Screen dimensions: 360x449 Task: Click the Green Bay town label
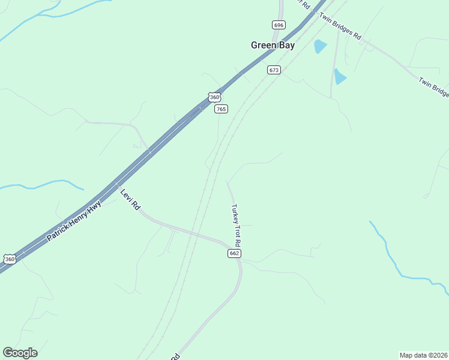(x=273, y=45)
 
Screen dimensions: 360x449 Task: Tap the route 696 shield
(x=279, y=25)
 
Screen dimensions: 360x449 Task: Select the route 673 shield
(x=274, y=70)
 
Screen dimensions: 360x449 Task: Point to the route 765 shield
(x=221, y=109)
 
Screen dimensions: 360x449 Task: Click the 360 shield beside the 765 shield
(x=214, y=97)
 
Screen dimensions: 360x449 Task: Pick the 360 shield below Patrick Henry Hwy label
(x=9, y=259)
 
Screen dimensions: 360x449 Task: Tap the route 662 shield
(x=234, y=254)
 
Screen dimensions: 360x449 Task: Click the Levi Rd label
(x=130, y=199)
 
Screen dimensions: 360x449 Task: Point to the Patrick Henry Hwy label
(x=74, y=221)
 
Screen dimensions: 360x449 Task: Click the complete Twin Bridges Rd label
(x=340, y=26)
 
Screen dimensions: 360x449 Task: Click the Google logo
(x=20, y=353)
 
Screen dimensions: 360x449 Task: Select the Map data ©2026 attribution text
(x=423, y=355)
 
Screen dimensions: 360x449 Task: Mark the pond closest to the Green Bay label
(x=320, y=46)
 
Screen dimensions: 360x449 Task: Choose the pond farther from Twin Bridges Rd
(x=340, y=77)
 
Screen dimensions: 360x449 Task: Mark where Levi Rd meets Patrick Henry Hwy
(x=118, y=183)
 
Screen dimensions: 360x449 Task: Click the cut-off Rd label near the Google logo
(x=175, y=356)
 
